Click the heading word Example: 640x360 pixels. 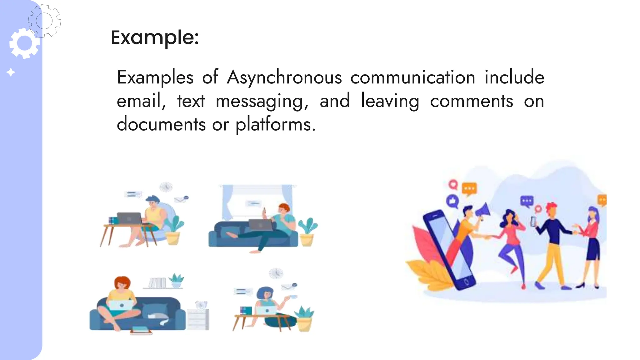click(155, 38)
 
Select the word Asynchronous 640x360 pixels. click(284, 77)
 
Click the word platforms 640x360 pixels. click(275, 125)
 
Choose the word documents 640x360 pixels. click(161, 124)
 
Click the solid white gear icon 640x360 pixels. click(24, 43)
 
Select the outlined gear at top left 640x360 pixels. click(44, 21)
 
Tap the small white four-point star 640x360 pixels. click(11, 72)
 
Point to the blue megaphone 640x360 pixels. click(483, 210)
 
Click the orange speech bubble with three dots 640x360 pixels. click(469, 189)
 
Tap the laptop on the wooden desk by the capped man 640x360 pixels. click(129, 218)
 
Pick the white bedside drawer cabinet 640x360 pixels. click(198, 319)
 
